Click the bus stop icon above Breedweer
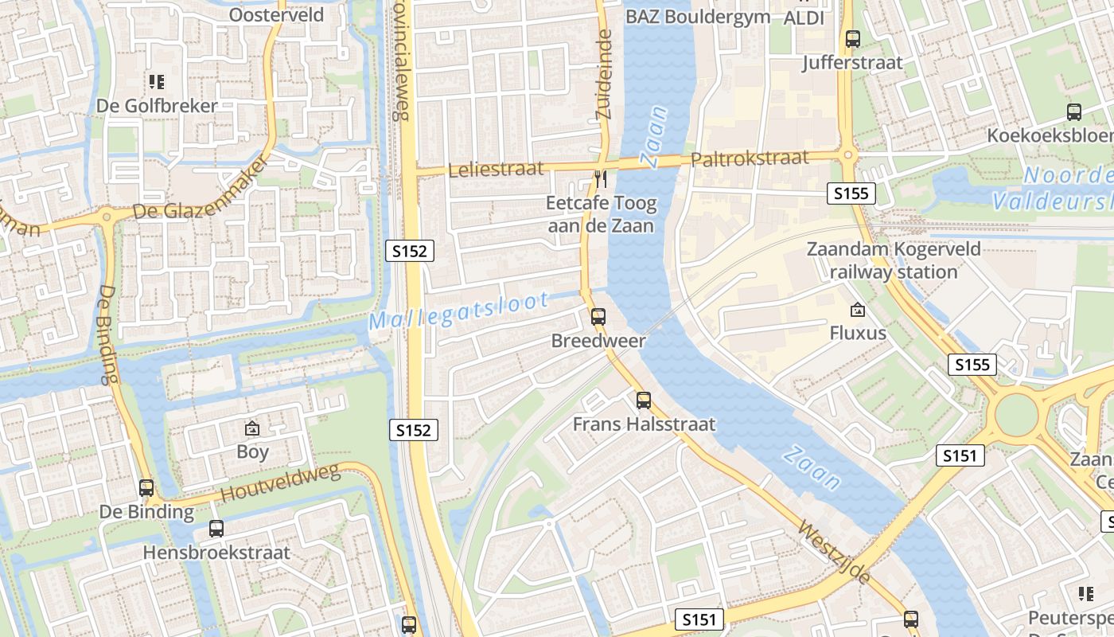(x=598, y=317)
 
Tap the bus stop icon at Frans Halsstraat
(x=644, y=401)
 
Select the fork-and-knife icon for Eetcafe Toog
(x=601, y=179)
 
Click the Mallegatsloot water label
(x=458, y=311)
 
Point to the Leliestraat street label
(x=496, y=169)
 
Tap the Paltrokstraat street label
(x=750, y=159)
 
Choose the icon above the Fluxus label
(x=857, y=309)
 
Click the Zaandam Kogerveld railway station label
(x=894, y=260)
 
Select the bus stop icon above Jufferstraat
(x=853, y=38)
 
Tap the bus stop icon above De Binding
(x=146, y=487)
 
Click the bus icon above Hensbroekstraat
(x=216, y=528)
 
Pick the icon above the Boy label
(x=252, y=428)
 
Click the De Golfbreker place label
(x=157, y=106)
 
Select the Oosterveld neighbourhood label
(x=276, y=14)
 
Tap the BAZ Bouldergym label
(x=697, y=16)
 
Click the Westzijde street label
(x=834, y=553)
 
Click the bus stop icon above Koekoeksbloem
(x=1074, y=112)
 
